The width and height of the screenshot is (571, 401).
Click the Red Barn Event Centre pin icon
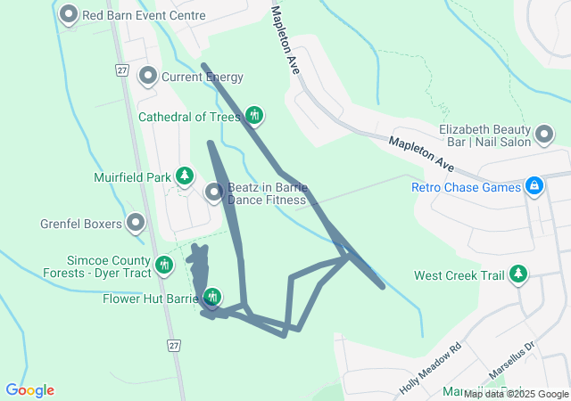[x=68, y=15]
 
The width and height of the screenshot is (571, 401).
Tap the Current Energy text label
[x=202, y=77]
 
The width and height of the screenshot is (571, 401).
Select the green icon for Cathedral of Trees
[x=254, y=114]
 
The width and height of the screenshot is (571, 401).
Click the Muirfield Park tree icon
[x=185, y=176]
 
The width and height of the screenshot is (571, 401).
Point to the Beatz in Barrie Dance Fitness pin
[x=214, y=192]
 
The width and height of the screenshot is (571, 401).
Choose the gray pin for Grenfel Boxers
[x=136, y=222]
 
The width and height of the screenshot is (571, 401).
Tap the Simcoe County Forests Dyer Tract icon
[x=164, y=264]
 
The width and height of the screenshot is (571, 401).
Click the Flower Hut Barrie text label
[x=149, y=298]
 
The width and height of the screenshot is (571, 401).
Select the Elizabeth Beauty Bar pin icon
[x=544, y=135]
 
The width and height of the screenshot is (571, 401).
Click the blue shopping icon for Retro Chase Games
[x=534, y=185]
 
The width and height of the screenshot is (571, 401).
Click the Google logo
[x=29, y=390]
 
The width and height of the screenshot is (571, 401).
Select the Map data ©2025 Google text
[x=516, y=394]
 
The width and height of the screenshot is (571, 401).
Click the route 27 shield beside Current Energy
[x=122, y=70]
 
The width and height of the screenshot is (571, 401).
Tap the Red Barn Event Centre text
[x=144, y=15]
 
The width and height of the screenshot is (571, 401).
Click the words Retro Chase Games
[x=466, y=187]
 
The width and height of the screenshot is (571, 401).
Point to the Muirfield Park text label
[x=132, y=176]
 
